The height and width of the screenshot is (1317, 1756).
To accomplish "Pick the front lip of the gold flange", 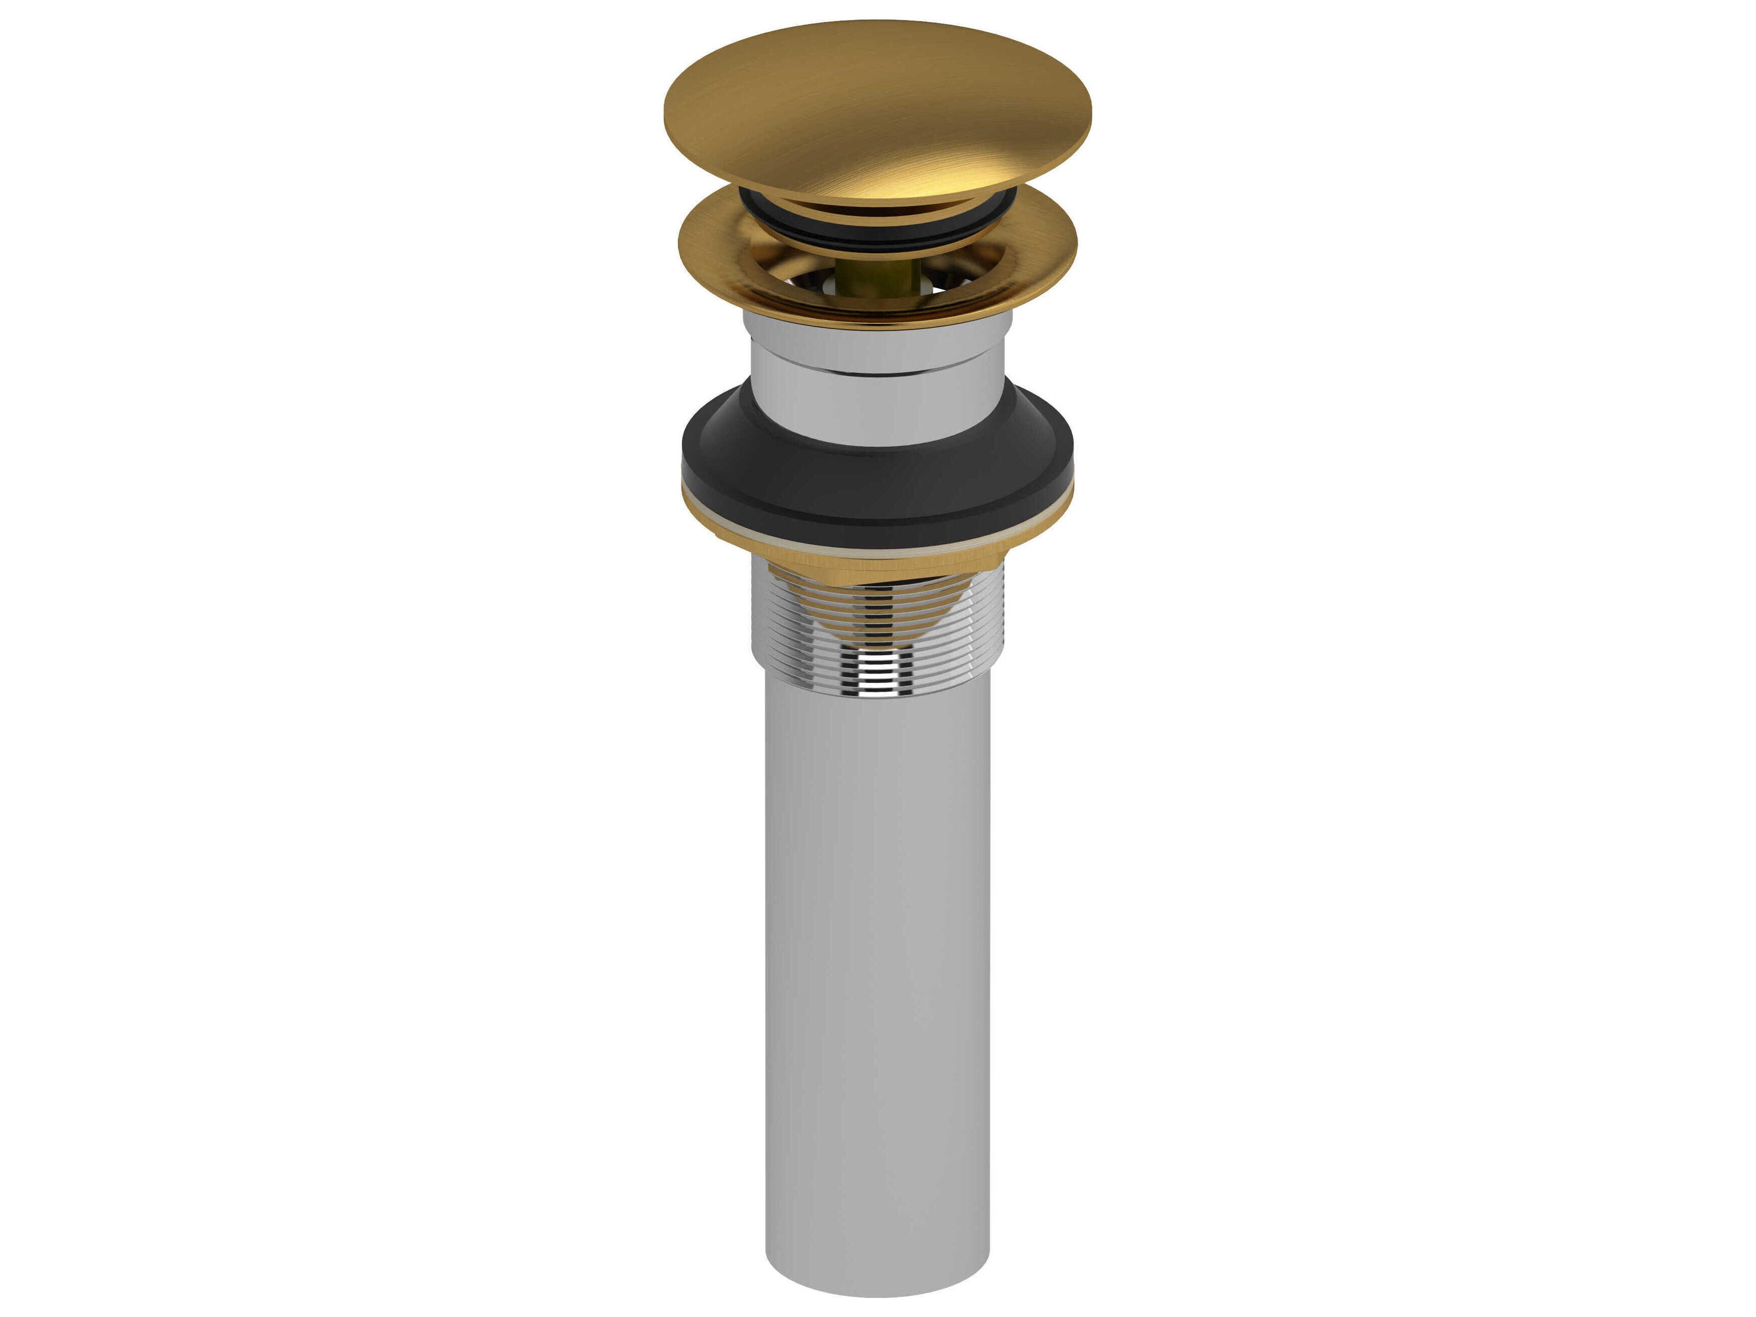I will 877,317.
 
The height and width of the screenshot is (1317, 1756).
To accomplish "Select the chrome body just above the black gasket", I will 877,413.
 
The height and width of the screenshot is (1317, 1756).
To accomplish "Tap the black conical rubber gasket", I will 877,484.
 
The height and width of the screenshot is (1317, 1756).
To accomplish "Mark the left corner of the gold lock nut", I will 718,540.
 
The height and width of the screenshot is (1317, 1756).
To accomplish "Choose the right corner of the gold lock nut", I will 1036,540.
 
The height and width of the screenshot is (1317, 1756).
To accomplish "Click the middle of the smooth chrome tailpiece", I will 877,953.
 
